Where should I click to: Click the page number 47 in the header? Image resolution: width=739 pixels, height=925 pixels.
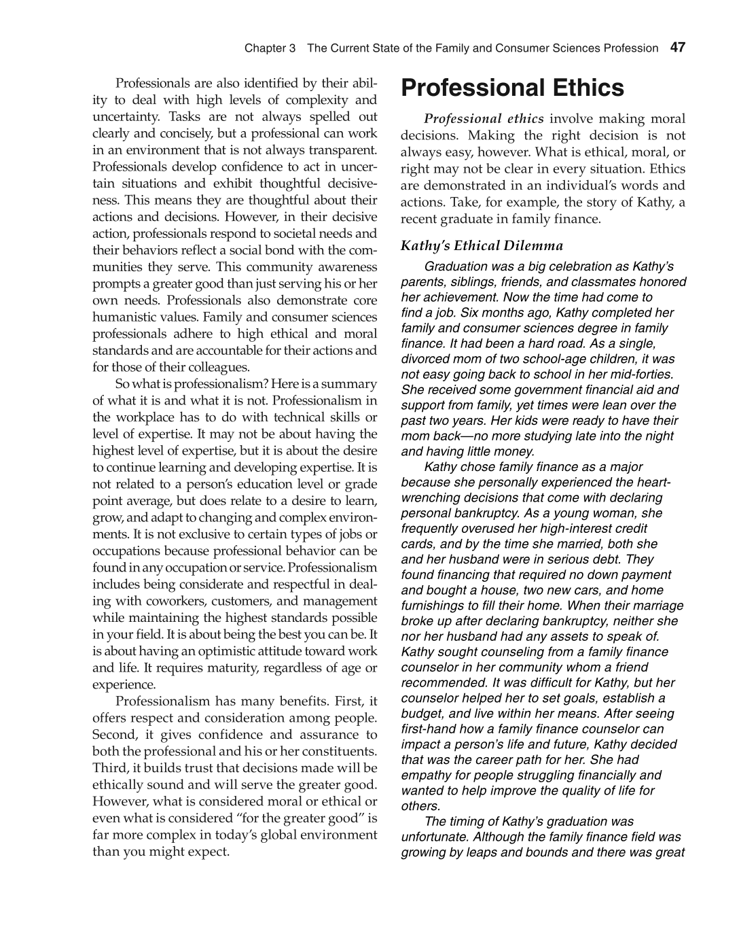677,48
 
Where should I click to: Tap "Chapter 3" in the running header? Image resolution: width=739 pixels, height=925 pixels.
270,48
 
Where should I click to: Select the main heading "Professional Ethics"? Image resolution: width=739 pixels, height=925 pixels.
512,88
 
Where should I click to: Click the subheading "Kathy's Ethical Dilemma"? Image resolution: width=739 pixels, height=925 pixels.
482,245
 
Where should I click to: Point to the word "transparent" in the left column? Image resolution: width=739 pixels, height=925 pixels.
342,150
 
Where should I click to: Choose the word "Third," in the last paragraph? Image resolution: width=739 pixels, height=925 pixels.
109,768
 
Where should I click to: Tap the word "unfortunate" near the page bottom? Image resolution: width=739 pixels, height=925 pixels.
435,837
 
